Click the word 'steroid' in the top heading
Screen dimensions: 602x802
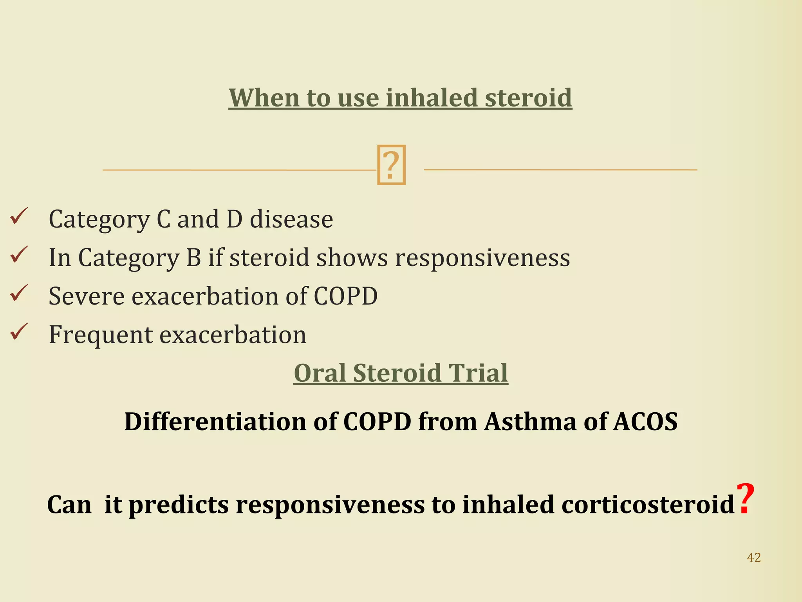(528, 98)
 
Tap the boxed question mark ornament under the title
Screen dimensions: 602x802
(391, 165)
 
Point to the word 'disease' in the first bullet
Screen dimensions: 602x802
(291, 219)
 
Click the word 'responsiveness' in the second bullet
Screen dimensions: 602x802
(482, 258)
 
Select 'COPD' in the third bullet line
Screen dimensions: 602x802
(345, 296)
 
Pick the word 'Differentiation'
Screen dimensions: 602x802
(215, 422)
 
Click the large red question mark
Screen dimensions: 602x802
(745, 499)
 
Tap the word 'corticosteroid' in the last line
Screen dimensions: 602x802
(648, 505)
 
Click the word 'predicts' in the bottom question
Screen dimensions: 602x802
(179, 505)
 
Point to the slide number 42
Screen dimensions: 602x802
(754, 557)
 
